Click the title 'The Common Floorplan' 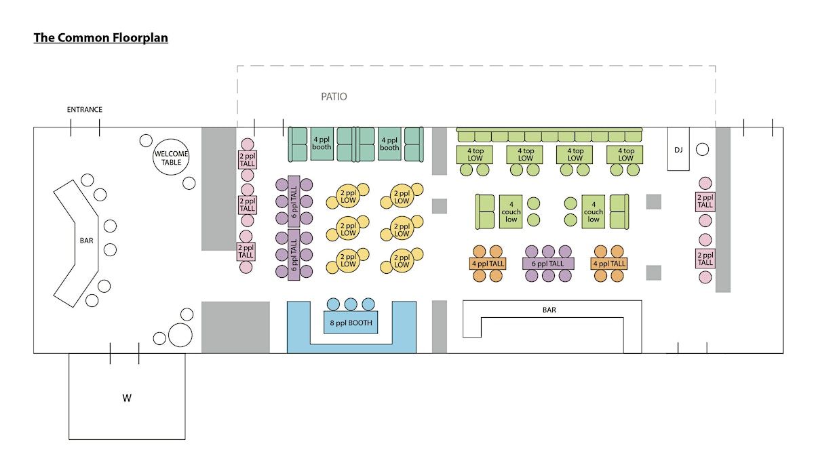point(101,38)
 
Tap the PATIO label point(334,97)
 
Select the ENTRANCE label point(85,110)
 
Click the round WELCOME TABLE point(172,157)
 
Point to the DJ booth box point(678,148)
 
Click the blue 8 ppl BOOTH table point(350,323)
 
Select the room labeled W point(127,398)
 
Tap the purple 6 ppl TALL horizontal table point(548,264)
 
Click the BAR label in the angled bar point(86,240)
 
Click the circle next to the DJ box point(703,149)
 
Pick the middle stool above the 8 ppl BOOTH point(351,304)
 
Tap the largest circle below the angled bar point(180,335)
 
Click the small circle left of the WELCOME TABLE point(146,141)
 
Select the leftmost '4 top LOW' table point(475,155)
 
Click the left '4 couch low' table point(511,211)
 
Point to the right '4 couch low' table point(594,211)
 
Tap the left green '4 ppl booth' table point(322,144)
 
